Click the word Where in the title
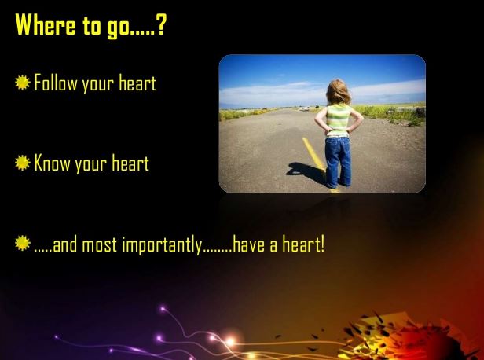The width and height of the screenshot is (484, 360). [46, 24]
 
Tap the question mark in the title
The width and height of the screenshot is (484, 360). [161, 24]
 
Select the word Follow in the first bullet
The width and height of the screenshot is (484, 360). [56, 83]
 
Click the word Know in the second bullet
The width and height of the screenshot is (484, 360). [52, 163]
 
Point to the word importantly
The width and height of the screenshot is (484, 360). [162, 245]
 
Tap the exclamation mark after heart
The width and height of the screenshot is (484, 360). [323, 244]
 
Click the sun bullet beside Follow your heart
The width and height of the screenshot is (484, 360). [23, 83]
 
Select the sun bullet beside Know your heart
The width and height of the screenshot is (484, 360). [23, 163]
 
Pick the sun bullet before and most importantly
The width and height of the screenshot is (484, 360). [23, 243]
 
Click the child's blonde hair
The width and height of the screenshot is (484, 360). [339, 92]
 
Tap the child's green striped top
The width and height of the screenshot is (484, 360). [338, 120]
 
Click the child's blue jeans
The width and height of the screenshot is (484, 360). [338, 162]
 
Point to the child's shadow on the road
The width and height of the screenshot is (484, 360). [306, 173]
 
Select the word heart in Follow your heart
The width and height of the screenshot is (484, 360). [137, 83]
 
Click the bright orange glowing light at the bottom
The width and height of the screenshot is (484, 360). [230, 341]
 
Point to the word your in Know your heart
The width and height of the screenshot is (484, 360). [91, 165]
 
